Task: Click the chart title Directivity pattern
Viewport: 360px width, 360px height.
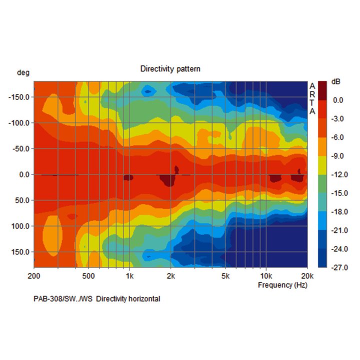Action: pyautogui.click(x=170, y=68)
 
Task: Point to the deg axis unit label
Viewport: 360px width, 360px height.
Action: pyautogui.click(x=23, y=73)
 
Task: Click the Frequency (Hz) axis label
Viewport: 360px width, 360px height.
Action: pyautogui.click(x=282, y=285)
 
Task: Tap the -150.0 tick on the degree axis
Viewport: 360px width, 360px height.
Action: pyautogui.click(x=19, y=96)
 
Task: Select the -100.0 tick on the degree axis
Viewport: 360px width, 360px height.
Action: pyautogui.click(x=19, y=122)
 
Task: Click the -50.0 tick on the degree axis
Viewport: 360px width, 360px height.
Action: pyautogui.click(x=21, y=148)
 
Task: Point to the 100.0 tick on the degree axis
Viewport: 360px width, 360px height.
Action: pyautogui.click(x=21, y=226)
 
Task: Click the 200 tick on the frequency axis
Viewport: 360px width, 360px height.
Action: pyautogui.click(x=34, y=276)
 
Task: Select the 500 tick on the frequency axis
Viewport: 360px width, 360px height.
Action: pyautogui.click(x=88, y=276)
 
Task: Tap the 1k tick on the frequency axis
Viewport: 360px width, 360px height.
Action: pyautogui.click(x=129, y=276)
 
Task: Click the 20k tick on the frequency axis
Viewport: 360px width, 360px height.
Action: pyautogui.click(x=306, y=276)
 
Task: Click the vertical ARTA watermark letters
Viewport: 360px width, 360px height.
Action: pyautogui.click(x=312, y=98)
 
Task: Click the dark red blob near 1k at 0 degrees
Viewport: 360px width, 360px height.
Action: pyautogui.click(x=128, y=177)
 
